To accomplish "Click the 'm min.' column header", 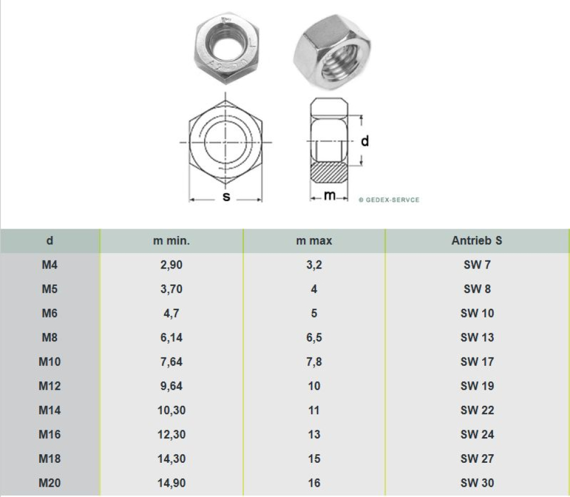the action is coord(171,241).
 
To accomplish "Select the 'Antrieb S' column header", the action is coord(477,241).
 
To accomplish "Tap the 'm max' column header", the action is coord(314,241).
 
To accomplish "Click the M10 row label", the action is coord(50,362).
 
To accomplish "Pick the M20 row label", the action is coord(50,483).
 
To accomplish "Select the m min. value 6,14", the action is coord(171,338).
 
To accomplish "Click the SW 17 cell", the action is coord(477,362).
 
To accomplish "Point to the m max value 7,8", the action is coord(314,362).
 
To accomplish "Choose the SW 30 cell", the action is coord(477,483).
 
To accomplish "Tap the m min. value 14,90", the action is coord(171,483).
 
